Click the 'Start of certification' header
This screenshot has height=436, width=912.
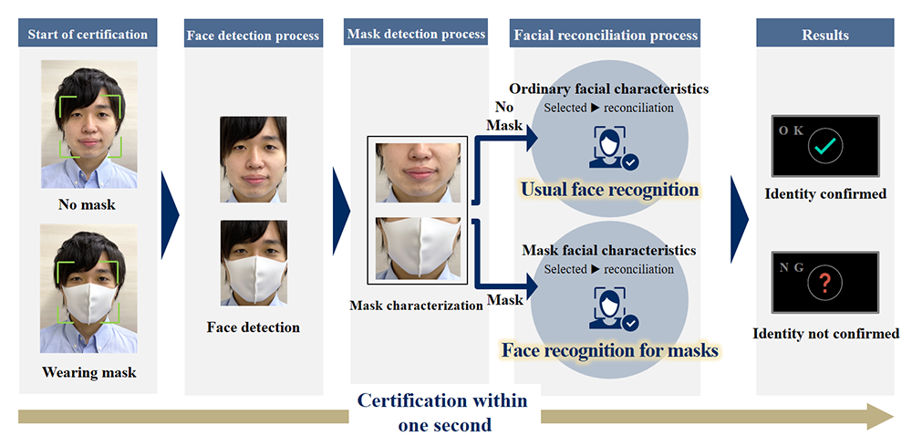(88, 35)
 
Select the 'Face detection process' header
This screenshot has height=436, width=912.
(253, 36)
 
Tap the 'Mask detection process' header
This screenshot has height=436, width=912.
(416, 35)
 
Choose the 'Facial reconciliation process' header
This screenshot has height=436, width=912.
(606, 36)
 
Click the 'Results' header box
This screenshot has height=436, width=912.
(824, 36)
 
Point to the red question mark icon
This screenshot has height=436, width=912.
(824, 283)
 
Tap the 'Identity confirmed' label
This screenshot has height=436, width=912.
(824, 194)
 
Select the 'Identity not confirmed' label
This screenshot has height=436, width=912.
(825, 333)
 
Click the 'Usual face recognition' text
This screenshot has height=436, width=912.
(609, 190)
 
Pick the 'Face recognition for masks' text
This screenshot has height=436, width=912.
(609, 349)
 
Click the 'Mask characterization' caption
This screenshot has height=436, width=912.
(416, 306)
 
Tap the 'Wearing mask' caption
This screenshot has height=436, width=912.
(88, 372)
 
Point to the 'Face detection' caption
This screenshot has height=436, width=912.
(253, 327)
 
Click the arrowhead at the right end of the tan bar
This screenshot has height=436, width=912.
(883, 417)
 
